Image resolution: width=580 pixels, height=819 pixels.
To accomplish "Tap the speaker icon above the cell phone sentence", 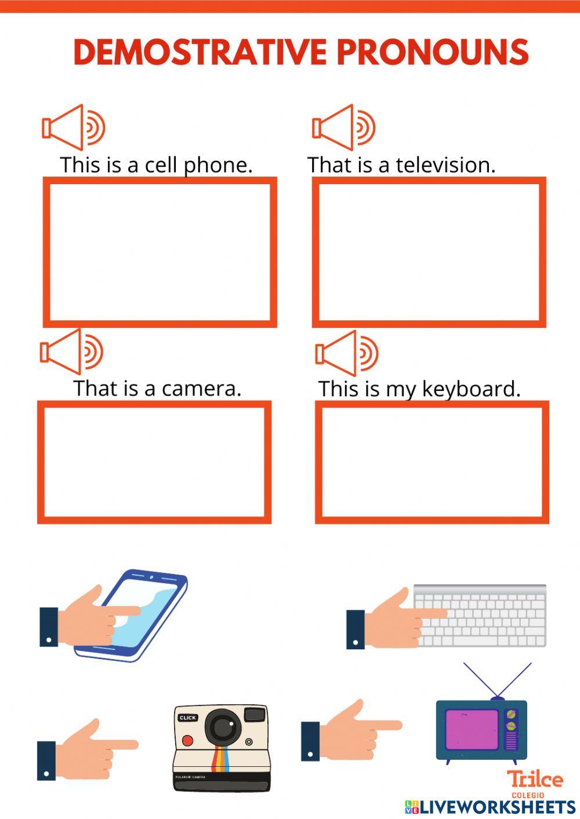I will click(73, 127).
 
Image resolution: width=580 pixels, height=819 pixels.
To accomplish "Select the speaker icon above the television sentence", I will click(343, 127).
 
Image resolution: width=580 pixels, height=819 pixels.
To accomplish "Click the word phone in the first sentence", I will click(218, 166).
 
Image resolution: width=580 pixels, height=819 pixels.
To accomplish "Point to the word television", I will click(445, 165).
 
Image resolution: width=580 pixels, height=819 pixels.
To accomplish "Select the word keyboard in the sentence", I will click(471, 389).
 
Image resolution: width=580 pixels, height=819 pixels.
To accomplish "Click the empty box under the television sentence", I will click(429, 252).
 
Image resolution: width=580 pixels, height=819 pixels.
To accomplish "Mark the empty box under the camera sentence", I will click(154, 462).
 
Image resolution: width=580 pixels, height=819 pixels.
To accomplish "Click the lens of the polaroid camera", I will click(221, 725).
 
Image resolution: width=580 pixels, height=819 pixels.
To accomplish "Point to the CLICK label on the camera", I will click(187, 718).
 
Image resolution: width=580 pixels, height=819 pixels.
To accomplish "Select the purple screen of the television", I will click(472, 729).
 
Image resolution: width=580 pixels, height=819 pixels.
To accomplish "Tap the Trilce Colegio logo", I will click(534, 782).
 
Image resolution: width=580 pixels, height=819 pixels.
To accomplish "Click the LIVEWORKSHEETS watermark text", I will click(496, 806).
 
